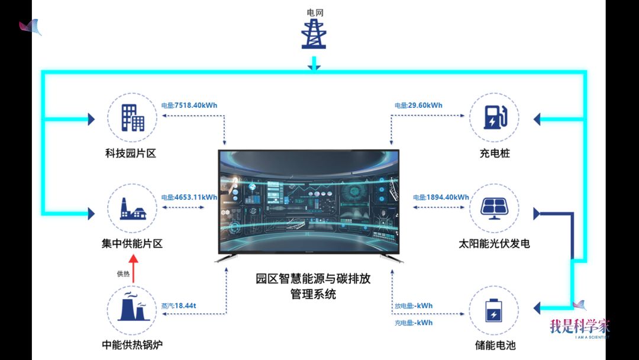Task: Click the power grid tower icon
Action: coord(314,34)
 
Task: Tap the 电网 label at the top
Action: coord(315,12)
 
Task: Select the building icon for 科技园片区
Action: coord(133,118)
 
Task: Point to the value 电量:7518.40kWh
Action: coord(189,105)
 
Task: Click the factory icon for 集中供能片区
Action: coord(133,208)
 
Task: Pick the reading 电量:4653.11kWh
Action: coord(189,197)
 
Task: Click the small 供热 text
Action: coord(123,274)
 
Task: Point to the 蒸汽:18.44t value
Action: coord(179,306)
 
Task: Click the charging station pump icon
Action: coord(494,117)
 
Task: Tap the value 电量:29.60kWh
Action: coord(418,105)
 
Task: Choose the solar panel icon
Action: coord(494,207)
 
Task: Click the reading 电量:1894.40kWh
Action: coord(441,197)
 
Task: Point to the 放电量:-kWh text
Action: coord(414,306)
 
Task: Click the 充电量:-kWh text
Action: coord(414,323)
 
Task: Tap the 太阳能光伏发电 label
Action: coord(494,243)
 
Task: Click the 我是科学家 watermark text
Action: coord(579,326)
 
